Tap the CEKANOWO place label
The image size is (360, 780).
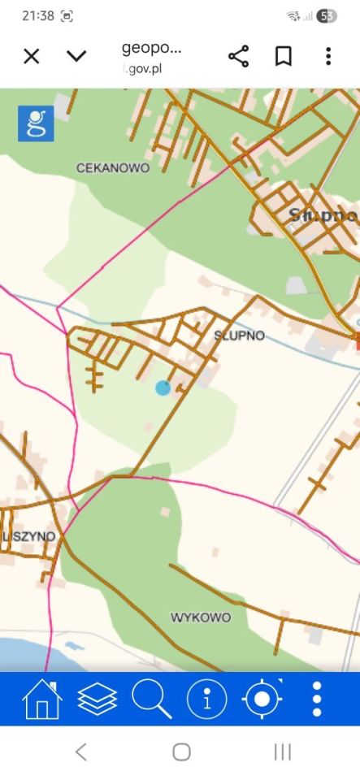(x=112, y=168)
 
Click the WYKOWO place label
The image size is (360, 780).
(x=200, y=617)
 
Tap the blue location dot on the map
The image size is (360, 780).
(x=163, y=388)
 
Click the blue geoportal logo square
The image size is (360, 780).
(x=36, y=123)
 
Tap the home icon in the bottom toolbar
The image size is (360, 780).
(x=42, y=699)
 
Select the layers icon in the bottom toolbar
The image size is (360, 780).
(x=98, y=699)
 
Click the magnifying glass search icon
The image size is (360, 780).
(x=152, y=699)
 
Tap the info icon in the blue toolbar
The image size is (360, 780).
(x=207, y=699)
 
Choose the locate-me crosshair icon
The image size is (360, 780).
(x=262, y=699)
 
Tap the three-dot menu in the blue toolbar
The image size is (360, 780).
(x=317, y=699)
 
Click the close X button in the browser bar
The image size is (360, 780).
(x=31, y=56)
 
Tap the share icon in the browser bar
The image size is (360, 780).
(x=238, y=56)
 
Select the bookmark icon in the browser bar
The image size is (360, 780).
(x=283, y=56)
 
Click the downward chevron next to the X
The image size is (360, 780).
(x=76, y=56)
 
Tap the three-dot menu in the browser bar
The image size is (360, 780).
(x=328, y=56)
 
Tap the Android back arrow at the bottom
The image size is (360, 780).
(x=80, y=752)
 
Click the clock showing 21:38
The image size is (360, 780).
(x=37, y=15)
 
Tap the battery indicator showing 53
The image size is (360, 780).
(x=327, y=15)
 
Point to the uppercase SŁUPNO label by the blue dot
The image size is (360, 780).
(x=239, y=335)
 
